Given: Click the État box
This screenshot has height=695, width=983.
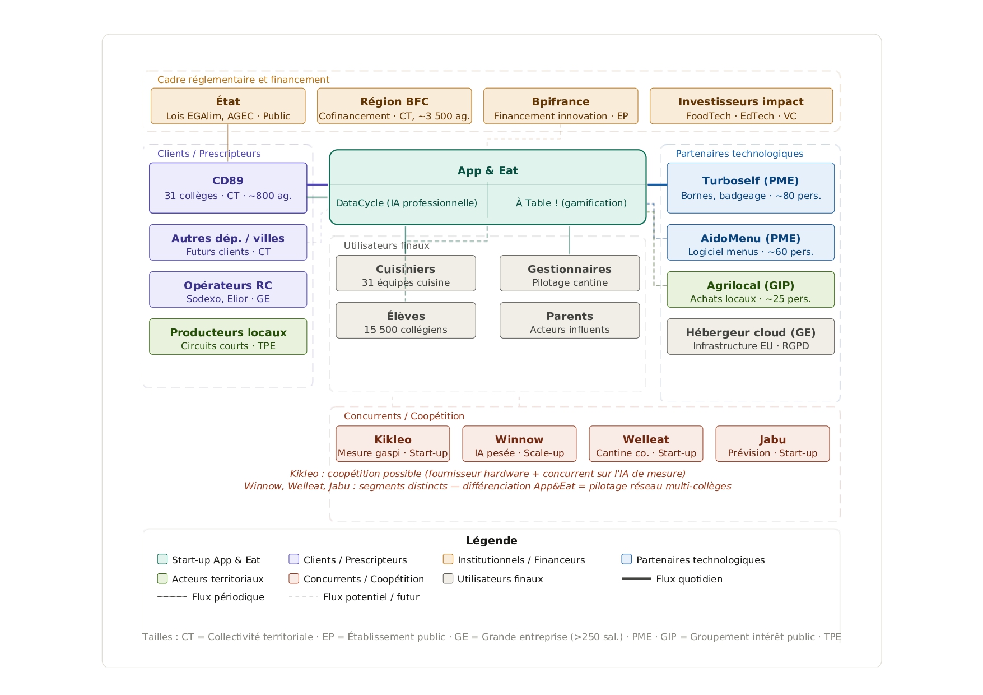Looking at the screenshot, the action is [228, 106].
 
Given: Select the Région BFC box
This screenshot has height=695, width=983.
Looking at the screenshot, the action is [394, 106].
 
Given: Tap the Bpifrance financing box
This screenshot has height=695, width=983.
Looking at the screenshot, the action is [561, 106].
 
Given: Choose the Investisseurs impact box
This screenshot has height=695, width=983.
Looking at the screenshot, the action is [741, 106].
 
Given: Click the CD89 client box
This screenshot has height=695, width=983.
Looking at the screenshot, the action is [228, 188].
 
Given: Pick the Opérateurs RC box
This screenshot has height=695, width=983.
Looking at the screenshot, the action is [228, 289].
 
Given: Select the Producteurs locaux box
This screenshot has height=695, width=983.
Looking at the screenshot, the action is [228, 336].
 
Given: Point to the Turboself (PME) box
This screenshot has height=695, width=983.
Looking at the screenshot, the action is [751, 188].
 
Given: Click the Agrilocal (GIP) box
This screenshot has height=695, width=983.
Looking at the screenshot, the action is [751, 289].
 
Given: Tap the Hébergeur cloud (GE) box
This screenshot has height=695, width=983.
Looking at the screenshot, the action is [751, 336].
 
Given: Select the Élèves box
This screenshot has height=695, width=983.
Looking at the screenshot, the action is [406, 320].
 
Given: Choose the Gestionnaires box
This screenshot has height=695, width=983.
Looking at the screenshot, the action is [570, 273].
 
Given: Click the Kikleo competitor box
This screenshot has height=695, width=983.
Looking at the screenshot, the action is [393, 443].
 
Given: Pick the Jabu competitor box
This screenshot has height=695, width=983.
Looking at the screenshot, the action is [772, 443].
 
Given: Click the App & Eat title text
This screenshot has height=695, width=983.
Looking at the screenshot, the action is [488, 170].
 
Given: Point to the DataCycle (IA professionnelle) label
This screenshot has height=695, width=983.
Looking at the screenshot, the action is [407, 203].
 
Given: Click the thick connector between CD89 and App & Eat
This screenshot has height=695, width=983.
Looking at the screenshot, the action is [318, 184].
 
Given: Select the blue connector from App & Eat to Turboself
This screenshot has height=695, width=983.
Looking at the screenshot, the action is [656, 184].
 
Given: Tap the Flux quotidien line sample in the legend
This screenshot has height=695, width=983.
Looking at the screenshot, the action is [636, 578].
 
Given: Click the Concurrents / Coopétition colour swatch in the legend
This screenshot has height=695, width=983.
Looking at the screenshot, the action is [293, 578].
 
